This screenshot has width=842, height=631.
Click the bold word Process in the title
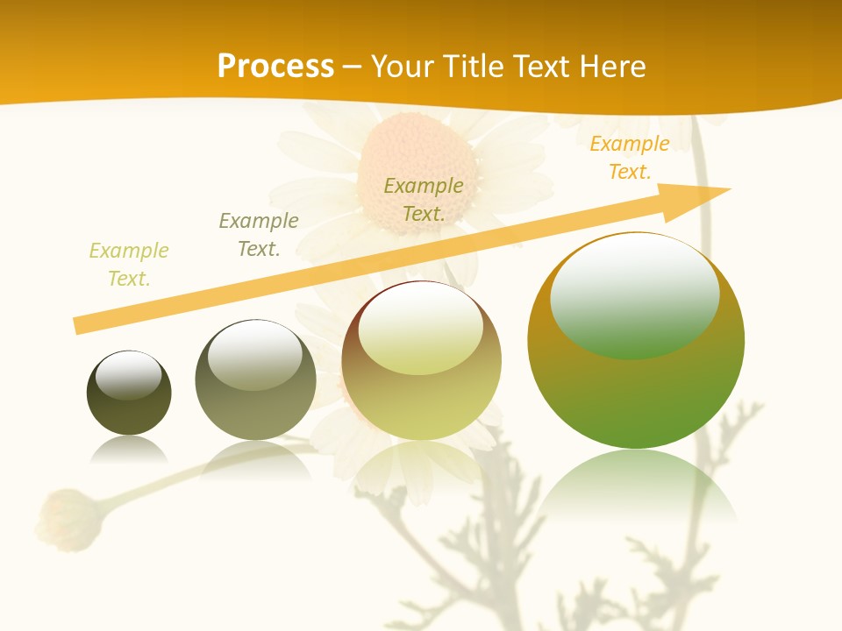pos(275,67)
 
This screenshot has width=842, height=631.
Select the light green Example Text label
pos(129,265)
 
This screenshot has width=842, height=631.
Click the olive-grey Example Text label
pos(259,235)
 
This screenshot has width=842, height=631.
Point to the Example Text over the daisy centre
pos(424,200)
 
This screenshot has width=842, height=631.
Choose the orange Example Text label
pos(630,158)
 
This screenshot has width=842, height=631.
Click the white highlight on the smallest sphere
pos(129,375)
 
